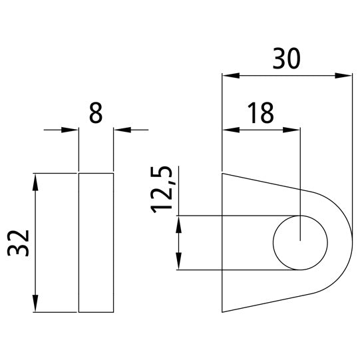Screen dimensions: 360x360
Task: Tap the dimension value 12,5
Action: point(164,190)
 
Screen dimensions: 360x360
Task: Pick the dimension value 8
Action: point(96,113)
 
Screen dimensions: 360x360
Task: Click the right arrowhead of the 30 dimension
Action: point(344,75)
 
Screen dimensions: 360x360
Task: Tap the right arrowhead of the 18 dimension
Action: point(293,129)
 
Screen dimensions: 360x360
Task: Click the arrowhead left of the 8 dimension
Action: point(71,129)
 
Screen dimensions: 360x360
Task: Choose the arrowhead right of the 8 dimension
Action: point(121,129)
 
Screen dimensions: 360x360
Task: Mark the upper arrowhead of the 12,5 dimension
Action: point(178,224)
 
